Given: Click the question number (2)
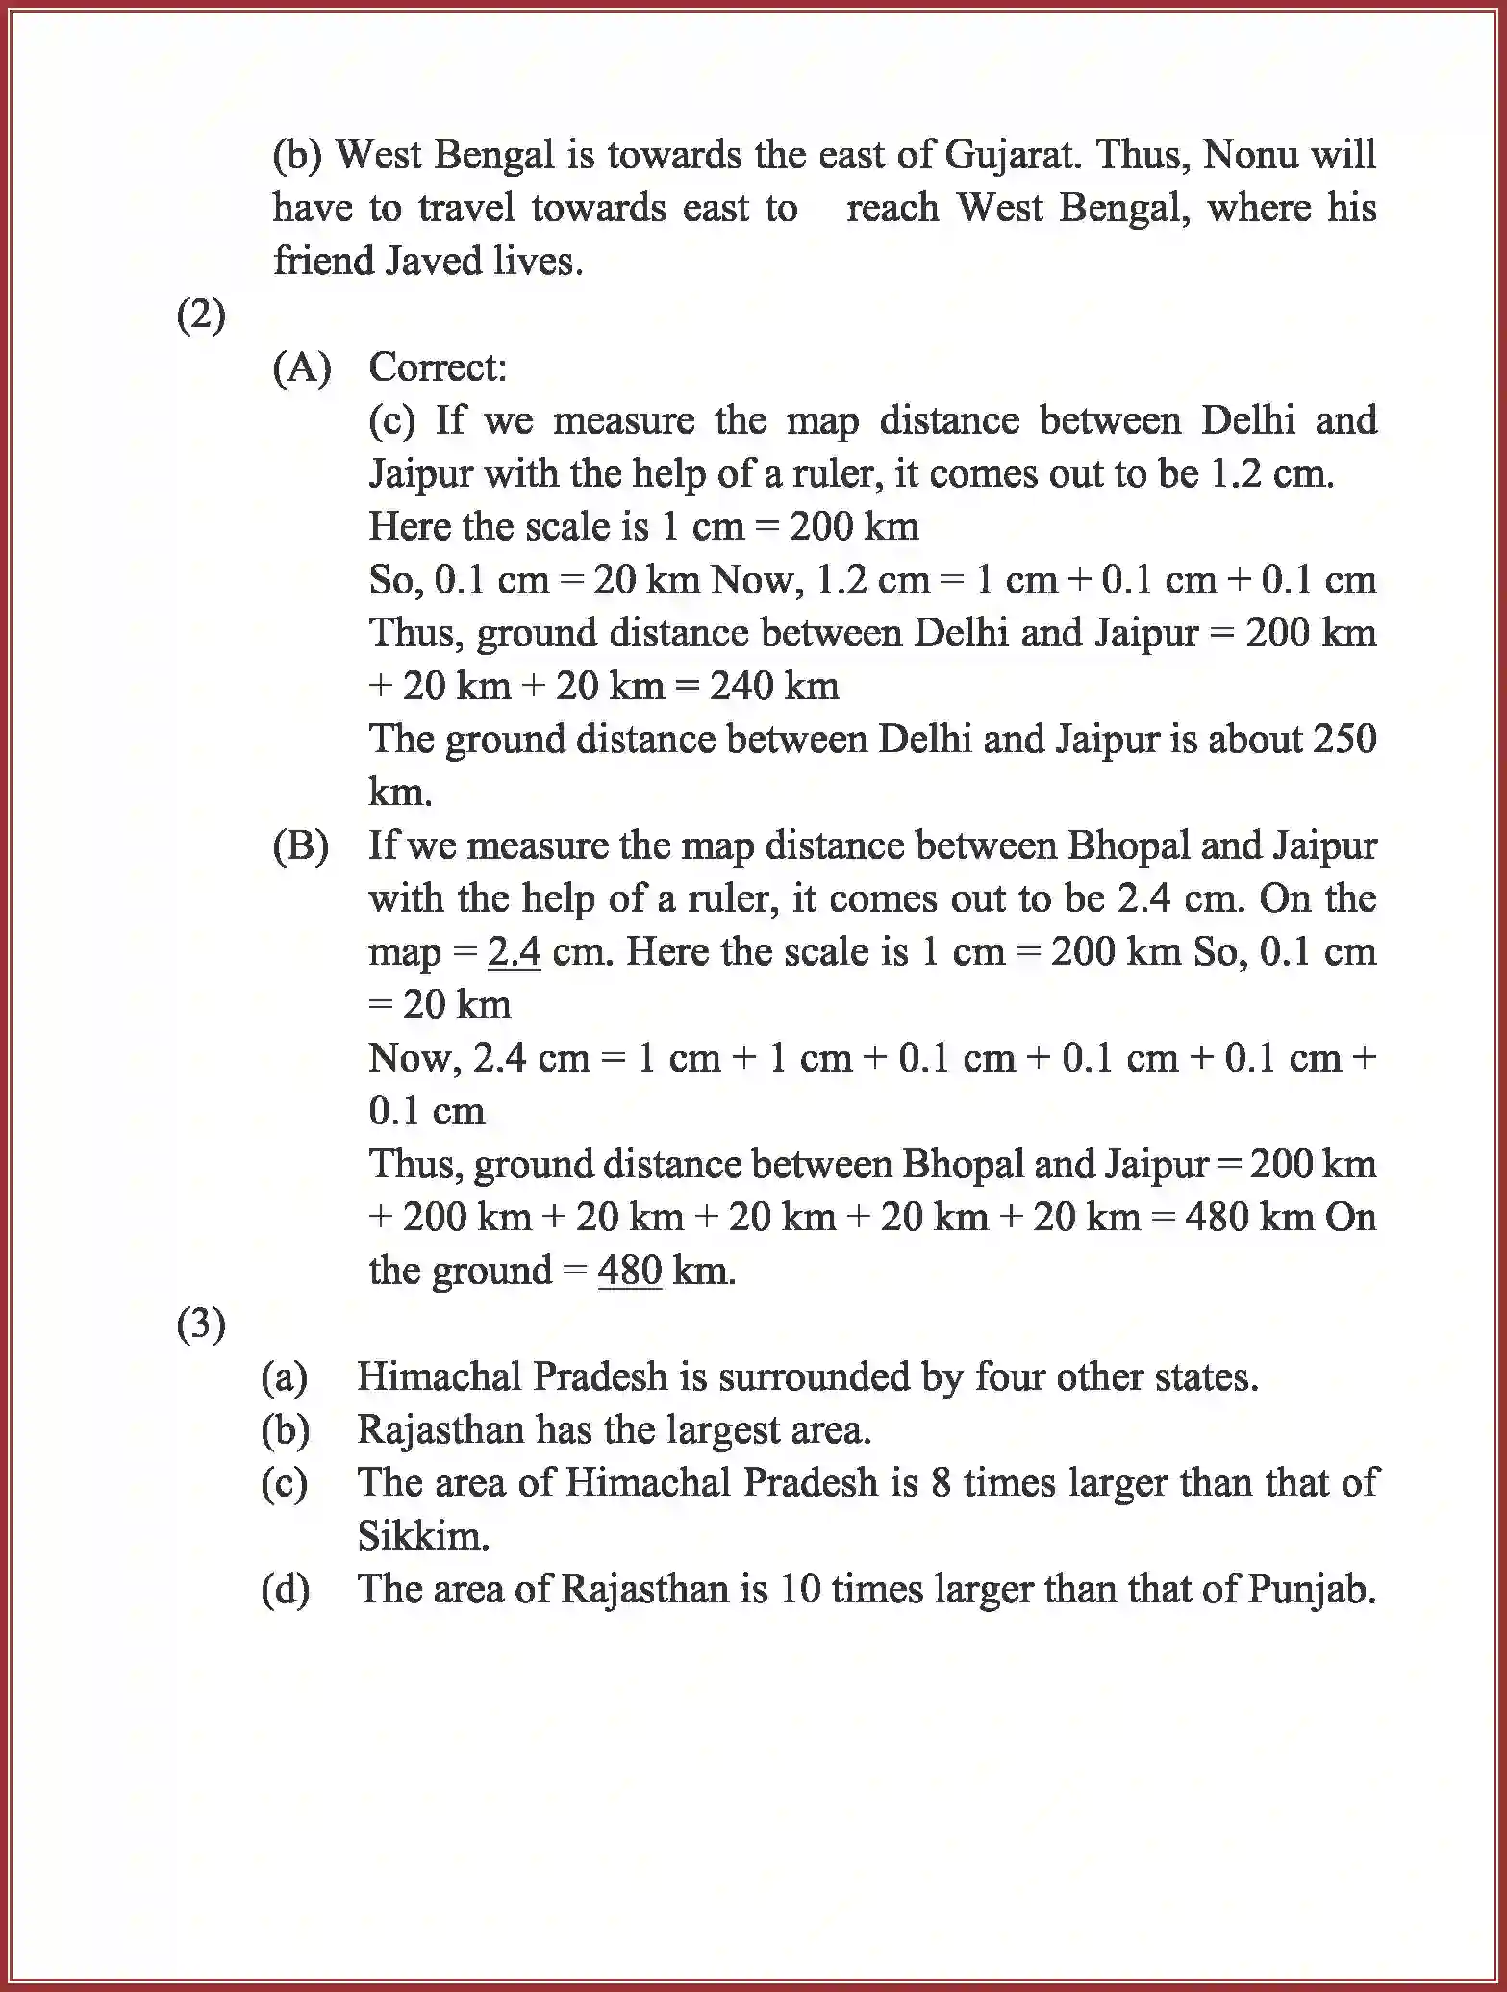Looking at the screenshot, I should tap(201, 315).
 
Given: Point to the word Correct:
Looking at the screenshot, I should tap(438, 367).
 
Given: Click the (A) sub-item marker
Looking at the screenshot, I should tap(301, 367).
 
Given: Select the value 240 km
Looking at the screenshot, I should tap(774, 686).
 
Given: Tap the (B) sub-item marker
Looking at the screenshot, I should tap(301, 845).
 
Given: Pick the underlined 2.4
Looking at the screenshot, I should tap(514, 952).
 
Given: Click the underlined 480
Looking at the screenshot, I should tap(630, 1272).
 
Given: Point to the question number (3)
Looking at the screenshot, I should tap(201, 1324).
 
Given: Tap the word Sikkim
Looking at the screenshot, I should tap(422, 1536).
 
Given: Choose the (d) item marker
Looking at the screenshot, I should tap(286, 1589).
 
